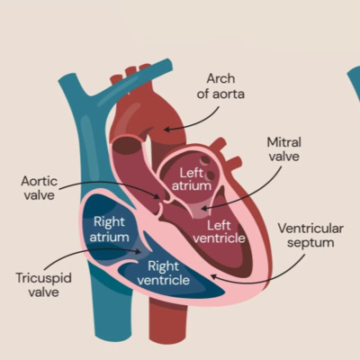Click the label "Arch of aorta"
(224, 86)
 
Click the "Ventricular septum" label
(310, 235)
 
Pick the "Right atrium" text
(109, 229)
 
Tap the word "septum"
(310, 243)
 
